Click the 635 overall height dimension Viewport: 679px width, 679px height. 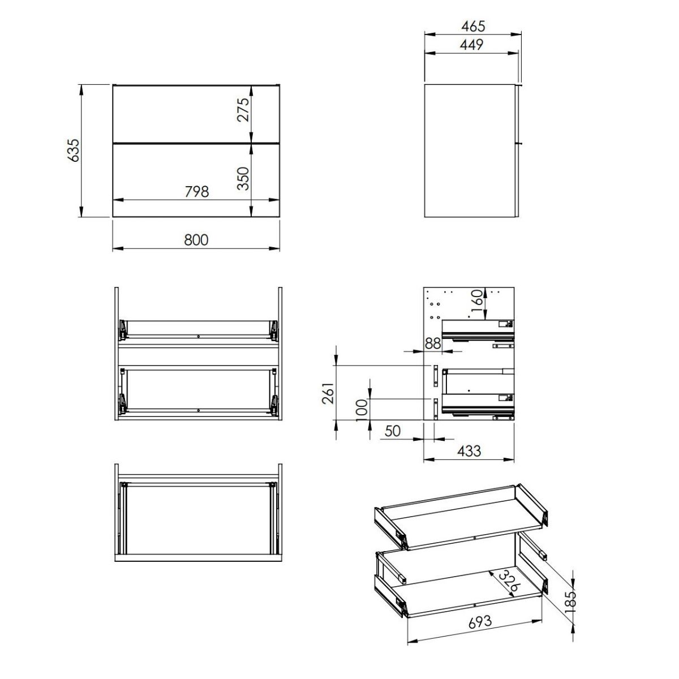click(x=74, y=151)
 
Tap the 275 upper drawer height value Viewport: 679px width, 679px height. click(x=243, y=110)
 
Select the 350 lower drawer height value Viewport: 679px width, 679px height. click(x=243, y=178)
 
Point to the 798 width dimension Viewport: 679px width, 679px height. click(x=197, y=191)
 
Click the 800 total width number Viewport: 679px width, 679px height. click(x=196, y=240)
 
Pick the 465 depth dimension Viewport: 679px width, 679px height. click(x=473, y=26)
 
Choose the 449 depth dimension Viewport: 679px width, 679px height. click(x=472, y=45)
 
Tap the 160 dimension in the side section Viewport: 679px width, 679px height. click(x=476, y=300)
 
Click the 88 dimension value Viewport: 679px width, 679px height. click(x=433, y=343)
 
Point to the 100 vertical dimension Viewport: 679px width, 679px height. click(x=362, y=410)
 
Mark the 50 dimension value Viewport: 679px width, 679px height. click(x=393, y=431)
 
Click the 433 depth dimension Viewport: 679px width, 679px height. click(x=469, y=450)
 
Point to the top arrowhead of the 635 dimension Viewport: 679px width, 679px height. click(x=81, y=90)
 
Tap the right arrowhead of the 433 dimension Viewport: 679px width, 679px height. click(x=509, y=459)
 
